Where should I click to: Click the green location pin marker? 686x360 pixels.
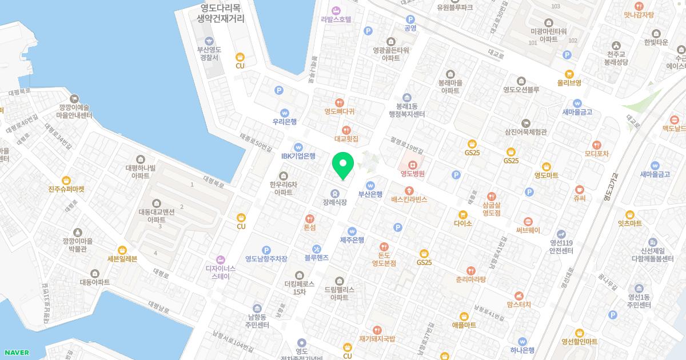click(343, 165)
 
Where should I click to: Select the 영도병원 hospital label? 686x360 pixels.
click(412, 167)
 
